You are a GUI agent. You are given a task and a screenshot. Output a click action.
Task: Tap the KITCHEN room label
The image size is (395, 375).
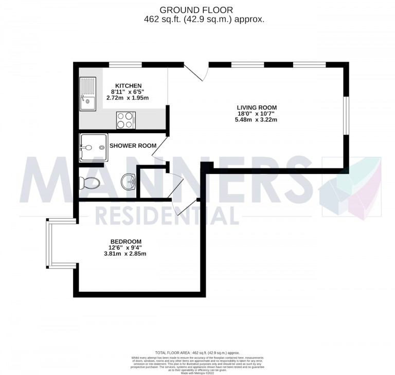[128, 85]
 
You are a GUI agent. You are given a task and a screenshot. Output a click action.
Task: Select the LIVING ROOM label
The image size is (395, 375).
[253, 108]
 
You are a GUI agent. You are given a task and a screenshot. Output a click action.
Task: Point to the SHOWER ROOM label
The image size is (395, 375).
[133, 146]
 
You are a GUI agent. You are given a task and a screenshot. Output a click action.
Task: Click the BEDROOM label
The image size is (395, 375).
[125, 241]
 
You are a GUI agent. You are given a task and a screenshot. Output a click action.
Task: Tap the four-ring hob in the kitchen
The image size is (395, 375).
[125, 120]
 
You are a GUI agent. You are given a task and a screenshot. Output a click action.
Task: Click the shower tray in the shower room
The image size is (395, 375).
[94, 148]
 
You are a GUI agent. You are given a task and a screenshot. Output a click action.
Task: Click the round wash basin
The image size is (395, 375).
[128, 181]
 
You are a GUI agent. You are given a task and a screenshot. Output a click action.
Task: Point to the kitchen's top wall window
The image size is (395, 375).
[125, 64]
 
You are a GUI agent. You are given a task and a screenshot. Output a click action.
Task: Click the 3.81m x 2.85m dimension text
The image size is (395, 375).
[125, 254]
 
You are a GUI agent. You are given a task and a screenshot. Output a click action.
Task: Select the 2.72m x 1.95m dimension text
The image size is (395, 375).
[128, 98]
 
